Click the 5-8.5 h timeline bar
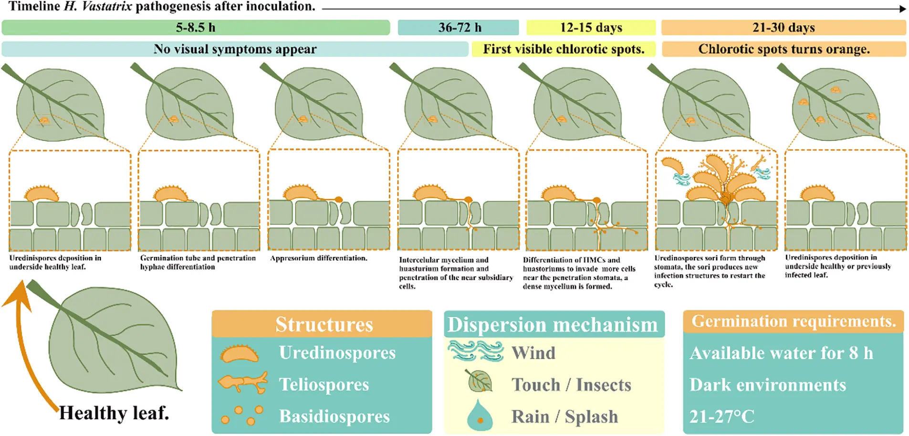(196, 28)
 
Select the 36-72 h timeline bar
(459, 28)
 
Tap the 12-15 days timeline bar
(591, 28)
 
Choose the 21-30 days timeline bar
(784, 28)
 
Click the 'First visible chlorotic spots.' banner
(564, 49)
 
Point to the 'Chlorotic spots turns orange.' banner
(784, 49)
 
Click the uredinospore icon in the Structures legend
(240, 353)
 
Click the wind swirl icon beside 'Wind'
(476, 351)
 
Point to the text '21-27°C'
(721, 417)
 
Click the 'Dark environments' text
(767, 385)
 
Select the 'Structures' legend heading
(324, 325)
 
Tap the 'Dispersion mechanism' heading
(553, 325)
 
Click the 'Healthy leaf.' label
(114, 413)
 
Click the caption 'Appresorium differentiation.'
(319, 258)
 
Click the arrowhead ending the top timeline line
(903, 9)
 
